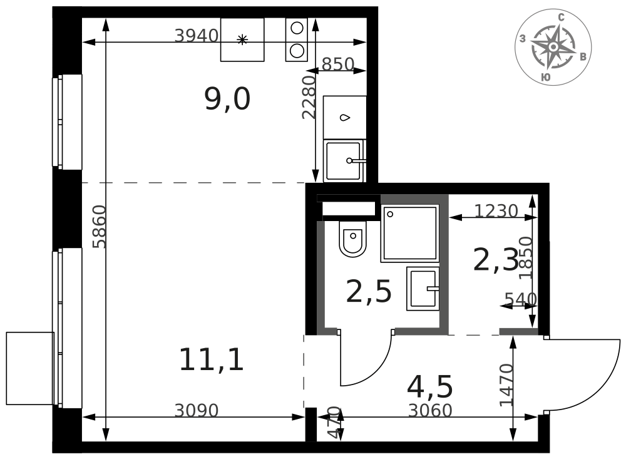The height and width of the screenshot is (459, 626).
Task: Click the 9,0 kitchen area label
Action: [227, 100]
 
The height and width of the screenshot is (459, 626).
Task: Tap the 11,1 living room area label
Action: [211, 360]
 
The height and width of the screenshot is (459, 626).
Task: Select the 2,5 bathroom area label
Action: [369, 292]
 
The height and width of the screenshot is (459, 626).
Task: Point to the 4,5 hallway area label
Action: [430, 387]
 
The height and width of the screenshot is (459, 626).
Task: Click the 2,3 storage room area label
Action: [495, 260]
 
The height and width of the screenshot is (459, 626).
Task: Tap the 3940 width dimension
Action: [197, 36]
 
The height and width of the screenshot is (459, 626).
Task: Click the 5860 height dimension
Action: [99, 227]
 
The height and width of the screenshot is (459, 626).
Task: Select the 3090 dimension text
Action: [197, 411]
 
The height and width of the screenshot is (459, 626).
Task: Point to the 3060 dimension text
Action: [430, 411]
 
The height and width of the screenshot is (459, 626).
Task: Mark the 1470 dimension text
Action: [506, 384]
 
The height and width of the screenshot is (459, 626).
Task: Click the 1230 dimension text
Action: [496, 210]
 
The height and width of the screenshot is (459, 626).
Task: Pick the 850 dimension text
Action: [338, 64]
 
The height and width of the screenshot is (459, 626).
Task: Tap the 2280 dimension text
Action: [309, 98]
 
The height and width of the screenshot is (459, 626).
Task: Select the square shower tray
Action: [410, 234]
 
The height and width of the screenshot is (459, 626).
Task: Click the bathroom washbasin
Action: [423, 289]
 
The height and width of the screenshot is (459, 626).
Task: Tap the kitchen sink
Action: [344, 161]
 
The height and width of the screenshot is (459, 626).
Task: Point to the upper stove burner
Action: [297, 28]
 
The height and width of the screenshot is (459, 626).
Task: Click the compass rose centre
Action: [553, 47]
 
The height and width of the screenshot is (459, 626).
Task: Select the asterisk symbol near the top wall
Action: [242, 39]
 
